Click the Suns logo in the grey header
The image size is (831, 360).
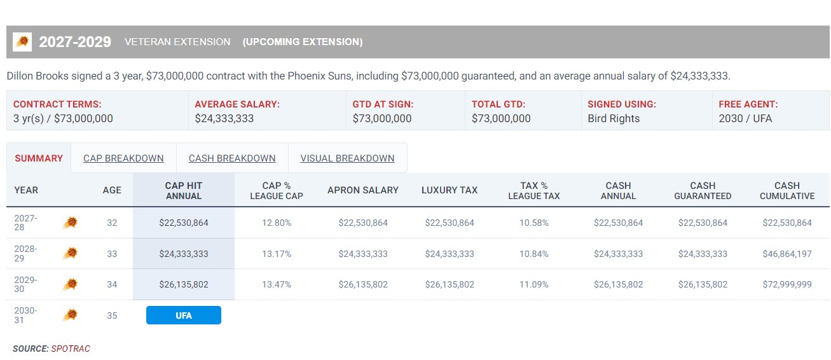[22, 41]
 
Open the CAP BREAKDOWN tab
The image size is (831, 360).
[123, 158]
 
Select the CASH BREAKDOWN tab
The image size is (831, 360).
[232, 158]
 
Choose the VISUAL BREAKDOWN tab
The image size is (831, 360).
[347, 158]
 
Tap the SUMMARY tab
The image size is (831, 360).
[39, 158]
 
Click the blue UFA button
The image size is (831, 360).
[184, 315]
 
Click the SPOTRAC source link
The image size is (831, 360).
[71, 349]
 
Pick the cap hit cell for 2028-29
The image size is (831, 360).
[184, 254]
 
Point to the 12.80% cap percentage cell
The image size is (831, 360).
[277, 223]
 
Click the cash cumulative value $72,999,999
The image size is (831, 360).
[787, 284]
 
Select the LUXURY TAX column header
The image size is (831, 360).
[450, 190]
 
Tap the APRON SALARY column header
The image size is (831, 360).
[363, 190]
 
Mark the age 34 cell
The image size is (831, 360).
[112, 284]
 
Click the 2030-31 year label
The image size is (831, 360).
[25, 315]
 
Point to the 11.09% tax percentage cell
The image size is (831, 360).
[534, 284]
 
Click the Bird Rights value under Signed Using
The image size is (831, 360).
[614, 118]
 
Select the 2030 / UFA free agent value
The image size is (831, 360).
[745, 118]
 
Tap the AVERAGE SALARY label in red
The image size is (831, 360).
[237, 104]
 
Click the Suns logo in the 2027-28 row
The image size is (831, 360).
[71, 223]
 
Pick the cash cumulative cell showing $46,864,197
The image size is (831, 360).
[787, 254]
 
